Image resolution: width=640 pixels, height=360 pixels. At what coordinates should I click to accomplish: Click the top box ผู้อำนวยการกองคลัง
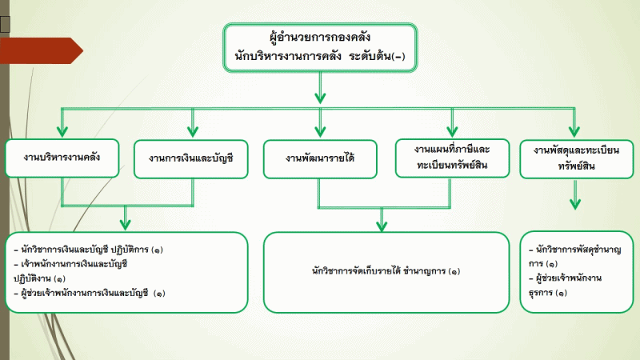point(320,47)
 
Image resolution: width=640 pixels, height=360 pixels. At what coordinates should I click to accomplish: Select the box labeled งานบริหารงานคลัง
point(62,158)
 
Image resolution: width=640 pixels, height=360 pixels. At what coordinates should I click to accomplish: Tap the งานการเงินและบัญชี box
point(191,159)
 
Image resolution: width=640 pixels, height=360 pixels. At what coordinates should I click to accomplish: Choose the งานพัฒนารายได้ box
point(320,159)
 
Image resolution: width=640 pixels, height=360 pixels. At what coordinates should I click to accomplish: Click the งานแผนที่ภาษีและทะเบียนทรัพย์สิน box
point(452,158)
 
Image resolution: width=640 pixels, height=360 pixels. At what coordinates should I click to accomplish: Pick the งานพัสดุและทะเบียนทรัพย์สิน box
point(576,158)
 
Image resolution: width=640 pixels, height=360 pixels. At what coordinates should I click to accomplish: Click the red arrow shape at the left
point(42,50)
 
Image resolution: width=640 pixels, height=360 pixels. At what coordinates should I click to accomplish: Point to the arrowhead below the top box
point(320,98)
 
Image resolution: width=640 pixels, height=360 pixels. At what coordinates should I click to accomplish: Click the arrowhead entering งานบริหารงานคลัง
point(62,131)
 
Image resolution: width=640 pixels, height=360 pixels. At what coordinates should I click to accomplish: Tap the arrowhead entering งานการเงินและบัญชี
point(193,131)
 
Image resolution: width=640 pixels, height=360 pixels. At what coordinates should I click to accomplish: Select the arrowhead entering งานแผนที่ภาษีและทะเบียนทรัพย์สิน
point(452,131)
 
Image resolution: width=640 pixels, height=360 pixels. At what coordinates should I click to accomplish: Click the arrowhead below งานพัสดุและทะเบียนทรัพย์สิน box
point(575,204)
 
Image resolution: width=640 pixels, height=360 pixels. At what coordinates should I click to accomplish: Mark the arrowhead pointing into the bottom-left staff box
point(126,224)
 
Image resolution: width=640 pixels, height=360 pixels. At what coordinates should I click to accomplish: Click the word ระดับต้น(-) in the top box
point(377,56)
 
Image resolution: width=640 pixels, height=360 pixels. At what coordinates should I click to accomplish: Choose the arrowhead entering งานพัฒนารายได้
point(320,131)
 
